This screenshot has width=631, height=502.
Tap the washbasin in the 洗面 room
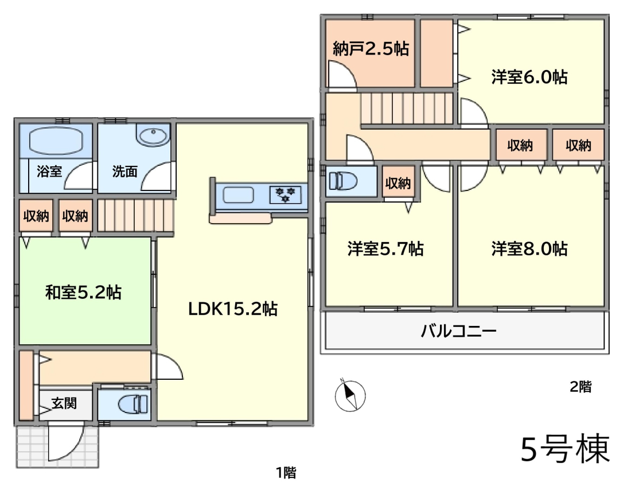tap(153, 134)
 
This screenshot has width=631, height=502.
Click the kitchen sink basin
tap(238, 195)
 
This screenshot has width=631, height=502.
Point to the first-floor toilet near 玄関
tap(134, 404)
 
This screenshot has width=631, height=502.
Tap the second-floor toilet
tap(343, 181)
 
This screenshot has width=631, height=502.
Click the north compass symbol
tap(350, 396)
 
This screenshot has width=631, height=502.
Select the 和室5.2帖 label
tap(83, 292)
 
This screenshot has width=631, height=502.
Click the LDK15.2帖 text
tap(233, 309)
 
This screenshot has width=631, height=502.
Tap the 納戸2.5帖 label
tap(371, 49)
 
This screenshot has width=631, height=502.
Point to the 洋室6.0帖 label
tap(529, 76)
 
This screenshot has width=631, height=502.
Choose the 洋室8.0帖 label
tap(529, 249)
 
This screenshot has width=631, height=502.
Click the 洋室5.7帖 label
tap(385, 249)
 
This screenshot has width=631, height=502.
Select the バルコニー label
tap(458, 331)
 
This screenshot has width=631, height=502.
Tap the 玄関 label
tap(64, 403)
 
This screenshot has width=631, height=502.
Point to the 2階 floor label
tap(581, 387)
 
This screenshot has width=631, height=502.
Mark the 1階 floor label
tap(286, 473)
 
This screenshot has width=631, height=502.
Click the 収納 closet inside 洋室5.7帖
tap(398, 183)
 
